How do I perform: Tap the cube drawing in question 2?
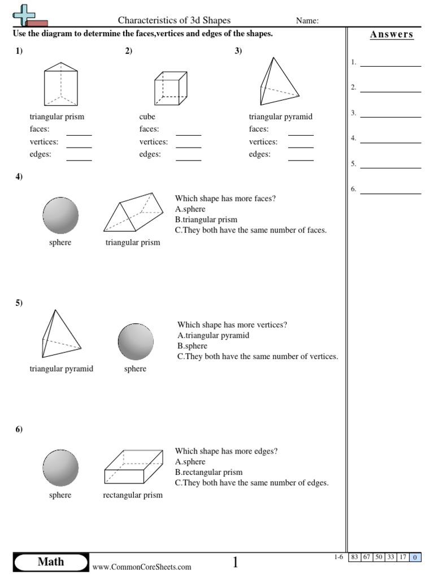point(170,88)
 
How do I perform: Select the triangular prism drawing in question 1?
point(60,85)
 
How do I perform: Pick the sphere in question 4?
point(60,215)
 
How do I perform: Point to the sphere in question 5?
point(136,342)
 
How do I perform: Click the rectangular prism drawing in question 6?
point(133,467)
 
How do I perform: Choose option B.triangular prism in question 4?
point(206,220)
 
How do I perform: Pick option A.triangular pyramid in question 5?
point(213,335)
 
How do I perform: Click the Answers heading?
point(392,34)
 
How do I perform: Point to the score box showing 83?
point(355,558)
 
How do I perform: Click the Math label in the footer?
point(51,561)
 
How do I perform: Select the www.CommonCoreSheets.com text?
point(142,567)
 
